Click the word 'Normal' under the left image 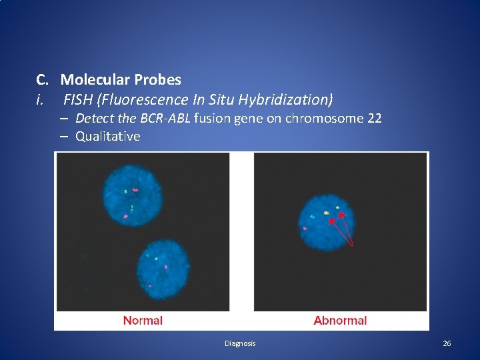coord(143,321)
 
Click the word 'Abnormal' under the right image coord(340,321)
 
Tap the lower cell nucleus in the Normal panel coord(161,266)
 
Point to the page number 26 coord(447,343)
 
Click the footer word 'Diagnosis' coord(240,343)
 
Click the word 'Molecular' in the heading coord(95,80)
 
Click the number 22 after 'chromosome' coord(374,119)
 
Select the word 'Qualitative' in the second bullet coord(108,137)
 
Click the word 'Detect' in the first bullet coord(93,119)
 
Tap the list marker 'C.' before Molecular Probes coord(43,80)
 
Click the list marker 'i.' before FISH coord(40,100)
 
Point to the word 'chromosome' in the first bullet coord(324,119)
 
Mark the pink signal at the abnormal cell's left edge coord(305,229)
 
